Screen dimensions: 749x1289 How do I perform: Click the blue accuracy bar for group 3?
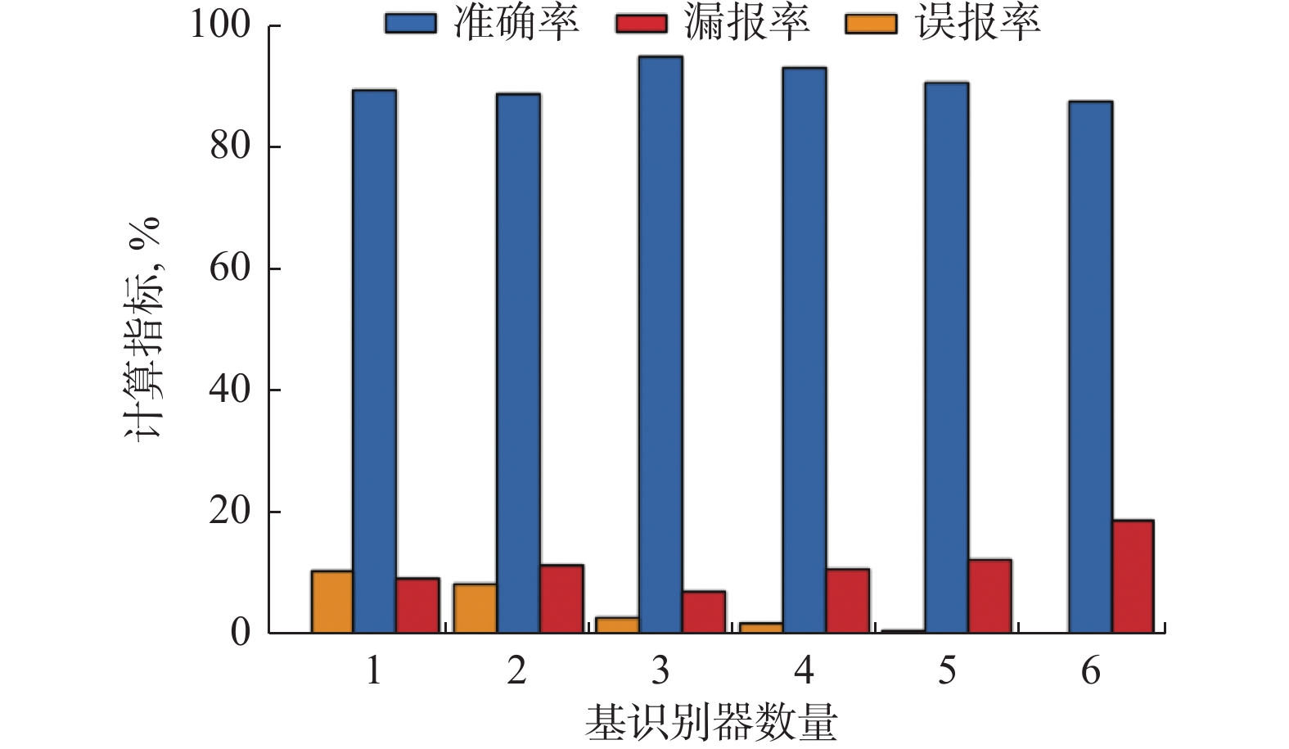pyautogui.click(x=660, y=344)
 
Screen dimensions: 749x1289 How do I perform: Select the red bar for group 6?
pyautogui.click(x=1132, y=576)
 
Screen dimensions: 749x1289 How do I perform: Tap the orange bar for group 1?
pyautogui.click(x=331, y=602)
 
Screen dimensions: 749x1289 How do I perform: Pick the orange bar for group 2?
pyautogui.click(x=475, y=608)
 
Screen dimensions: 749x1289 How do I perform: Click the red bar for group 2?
pyautogui.click(x=561, y=598)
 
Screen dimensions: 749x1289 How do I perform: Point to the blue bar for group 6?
pyautogui.click(x=1090, y=367)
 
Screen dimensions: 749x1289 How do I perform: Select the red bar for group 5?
pyautogui.click(x=989, y=596)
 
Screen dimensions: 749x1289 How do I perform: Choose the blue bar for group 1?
pyautogui.click(x=374, y=361)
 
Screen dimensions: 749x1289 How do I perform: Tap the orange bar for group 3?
pyautogui.click(x=618, y=625)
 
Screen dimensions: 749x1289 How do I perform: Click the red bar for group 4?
pyautogui.click(x=847, y=600)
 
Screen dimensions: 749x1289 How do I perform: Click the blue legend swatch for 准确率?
pyautogui.click(x=410, y=24)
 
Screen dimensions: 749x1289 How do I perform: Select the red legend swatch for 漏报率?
pyautogui.click(x=641, y=24)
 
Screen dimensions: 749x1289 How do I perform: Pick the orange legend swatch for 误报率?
pyautogui.click(x=871, y=24)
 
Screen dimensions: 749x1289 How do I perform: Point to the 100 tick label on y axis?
pyautogui.click(x=220, y=25)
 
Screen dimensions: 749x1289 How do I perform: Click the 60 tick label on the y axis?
pyautogui.click(x=230, y=268)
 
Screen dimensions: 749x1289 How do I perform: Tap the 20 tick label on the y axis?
pyautogui.click(x=230, y=511)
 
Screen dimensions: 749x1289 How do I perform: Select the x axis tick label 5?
pyautogui.click(x=947, y=671)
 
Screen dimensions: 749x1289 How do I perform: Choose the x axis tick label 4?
pyautogui.click(x=804, y=671)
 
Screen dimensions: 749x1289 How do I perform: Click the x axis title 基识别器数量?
pyautogui.click(x=711, y=723)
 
